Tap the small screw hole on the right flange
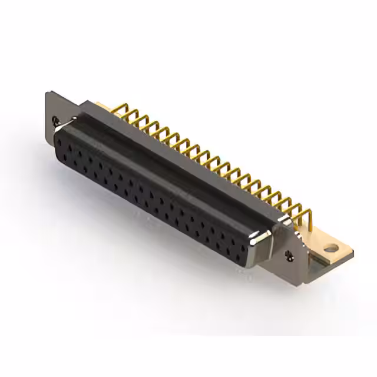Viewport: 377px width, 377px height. click(289, 254)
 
